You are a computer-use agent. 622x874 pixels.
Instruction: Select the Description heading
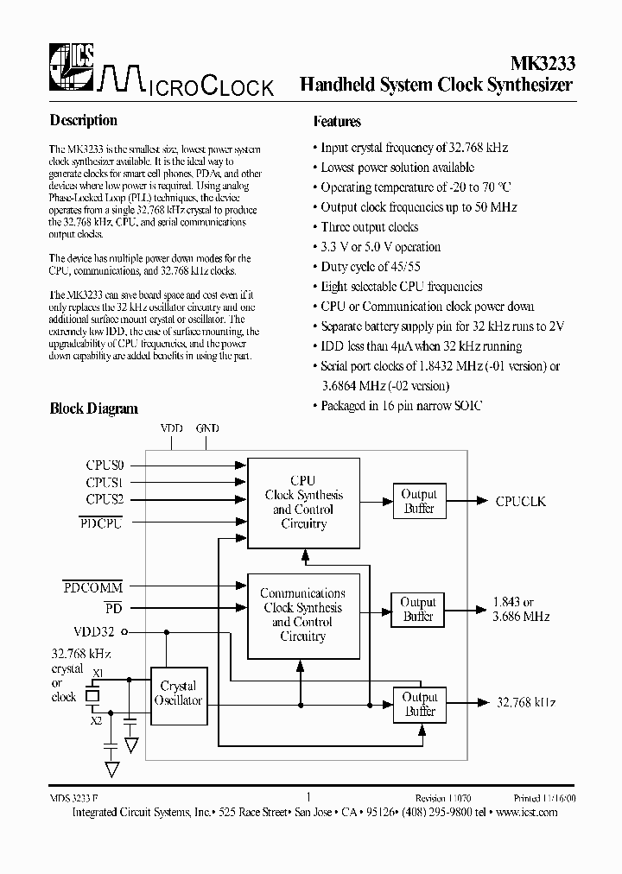tap(83, 120)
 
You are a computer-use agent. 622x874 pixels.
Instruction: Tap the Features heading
tap(337, 122)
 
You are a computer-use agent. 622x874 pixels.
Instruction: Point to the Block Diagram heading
tap(93, 408)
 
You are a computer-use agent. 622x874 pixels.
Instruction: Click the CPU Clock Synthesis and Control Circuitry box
tap(303, 502)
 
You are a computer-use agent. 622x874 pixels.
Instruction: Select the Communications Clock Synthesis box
tap(302, 614)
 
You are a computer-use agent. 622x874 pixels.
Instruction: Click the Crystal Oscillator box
tap(179, 693)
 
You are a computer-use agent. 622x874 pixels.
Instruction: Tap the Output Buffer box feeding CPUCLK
tap(419, 502)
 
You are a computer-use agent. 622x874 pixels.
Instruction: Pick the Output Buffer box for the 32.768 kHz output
tap(420, 704)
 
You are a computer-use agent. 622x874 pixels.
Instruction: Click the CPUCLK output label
tap(520, 501)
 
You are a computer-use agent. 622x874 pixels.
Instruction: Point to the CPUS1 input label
tap(104, 482)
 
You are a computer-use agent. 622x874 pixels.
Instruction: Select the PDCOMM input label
tap(92, 587)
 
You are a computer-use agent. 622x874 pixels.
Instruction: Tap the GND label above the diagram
tap(207, 428)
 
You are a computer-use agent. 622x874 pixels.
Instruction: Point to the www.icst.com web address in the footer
tap(525, 813)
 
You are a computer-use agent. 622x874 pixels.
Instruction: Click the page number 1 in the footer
tap(308, 798)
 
